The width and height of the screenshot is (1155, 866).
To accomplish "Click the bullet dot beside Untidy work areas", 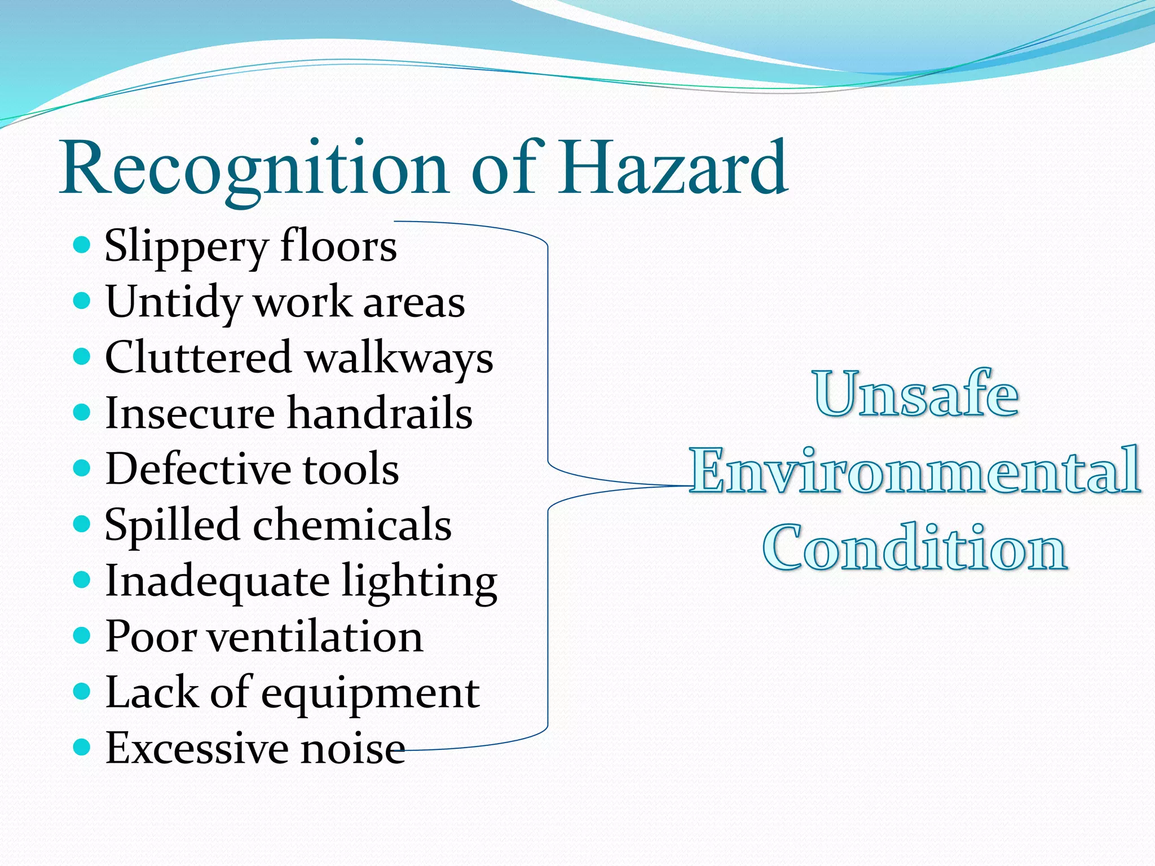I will pos(82,300).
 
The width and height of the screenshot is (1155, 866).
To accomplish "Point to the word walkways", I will pos(399,359).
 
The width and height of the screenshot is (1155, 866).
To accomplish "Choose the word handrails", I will pos(380,413).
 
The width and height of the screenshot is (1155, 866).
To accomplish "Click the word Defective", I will pos(199,469).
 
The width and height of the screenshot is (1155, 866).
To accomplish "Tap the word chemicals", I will pos(352,524).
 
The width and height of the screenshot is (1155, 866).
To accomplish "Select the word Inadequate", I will pos(217,581).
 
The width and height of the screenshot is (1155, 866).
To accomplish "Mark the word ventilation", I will pos(315,637).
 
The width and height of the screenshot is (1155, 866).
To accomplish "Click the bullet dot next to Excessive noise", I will pos(82,747).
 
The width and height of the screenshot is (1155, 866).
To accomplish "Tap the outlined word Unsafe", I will pos(916,394).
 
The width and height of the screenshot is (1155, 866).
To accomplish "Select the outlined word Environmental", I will pos(915,470).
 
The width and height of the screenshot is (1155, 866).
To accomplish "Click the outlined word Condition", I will pos(915,547).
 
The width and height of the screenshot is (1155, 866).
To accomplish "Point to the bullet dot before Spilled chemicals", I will pos(82,524).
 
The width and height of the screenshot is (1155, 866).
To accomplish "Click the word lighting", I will pos(420,581).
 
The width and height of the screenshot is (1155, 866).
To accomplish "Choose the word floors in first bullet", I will pos(338,246).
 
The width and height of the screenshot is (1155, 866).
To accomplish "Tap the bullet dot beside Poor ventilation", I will pos(82,635).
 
